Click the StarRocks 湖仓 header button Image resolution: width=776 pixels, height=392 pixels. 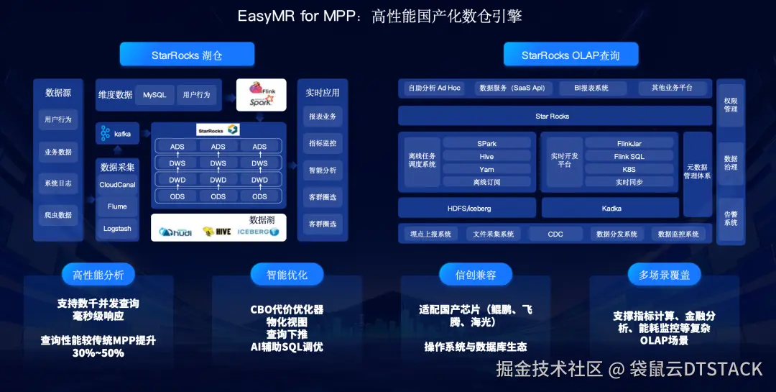[187, 55]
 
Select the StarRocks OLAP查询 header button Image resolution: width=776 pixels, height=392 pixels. [571, 55]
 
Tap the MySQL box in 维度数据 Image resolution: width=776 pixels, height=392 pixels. [154, 95]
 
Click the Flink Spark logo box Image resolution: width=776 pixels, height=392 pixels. [261, 95]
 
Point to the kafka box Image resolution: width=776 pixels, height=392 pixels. [117, 134]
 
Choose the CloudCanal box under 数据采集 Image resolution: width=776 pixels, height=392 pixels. [117, 185]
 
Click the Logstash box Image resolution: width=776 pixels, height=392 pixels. [117, 229]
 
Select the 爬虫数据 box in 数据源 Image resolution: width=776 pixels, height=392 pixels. [58, 215]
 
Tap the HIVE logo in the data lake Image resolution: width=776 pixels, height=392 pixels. [217, 232]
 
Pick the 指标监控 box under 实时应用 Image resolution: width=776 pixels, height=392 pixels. [322, 143]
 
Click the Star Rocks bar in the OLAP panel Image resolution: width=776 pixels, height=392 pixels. [552, 116]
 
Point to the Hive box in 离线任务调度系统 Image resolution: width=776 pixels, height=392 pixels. [486, 156]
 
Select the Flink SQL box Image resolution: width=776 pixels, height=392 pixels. [629, 156]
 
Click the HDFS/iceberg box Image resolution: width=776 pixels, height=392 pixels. [467, 209]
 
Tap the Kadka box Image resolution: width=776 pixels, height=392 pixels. [611, 209]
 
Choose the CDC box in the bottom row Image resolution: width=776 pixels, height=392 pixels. [555, 234]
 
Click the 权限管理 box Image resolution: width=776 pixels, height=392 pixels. [731, 105]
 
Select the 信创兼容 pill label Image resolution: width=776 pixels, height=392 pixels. [476, 275]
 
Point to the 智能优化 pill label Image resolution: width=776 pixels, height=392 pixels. [286, 275]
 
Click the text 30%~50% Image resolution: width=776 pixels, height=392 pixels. [98, 352]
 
